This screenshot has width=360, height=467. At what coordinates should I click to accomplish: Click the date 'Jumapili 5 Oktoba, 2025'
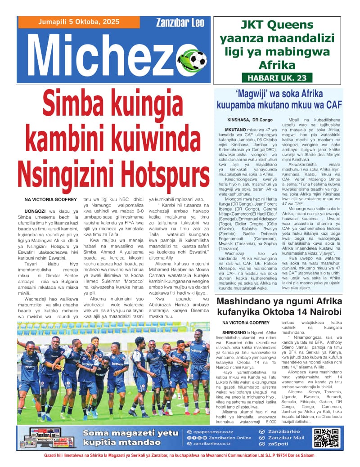point(78,22)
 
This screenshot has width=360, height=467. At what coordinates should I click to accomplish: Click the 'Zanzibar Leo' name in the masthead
point(180,22)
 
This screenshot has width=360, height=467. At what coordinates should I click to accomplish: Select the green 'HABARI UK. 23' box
point(277,78)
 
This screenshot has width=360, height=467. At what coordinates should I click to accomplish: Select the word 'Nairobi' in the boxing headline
point(324,312)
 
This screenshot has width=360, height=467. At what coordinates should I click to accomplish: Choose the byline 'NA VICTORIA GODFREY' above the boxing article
point(246,323)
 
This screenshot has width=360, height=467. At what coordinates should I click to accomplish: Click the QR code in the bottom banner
point(326,438)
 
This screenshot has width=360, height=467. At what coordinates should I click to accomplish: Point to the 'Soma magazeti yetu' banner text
point(124,433)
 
